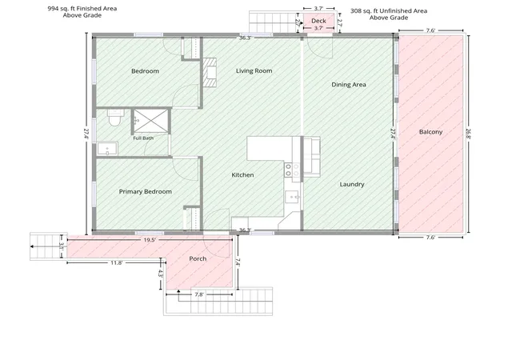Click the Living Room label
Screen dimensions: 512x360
point(254,70)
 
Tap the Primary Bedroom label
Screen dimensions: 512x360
point(146,191)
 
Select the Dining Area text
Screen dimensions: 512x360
point(349,85)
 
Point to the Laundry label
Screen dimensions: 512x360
point(352,184)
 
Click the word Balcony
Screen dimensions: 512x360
point(430,132)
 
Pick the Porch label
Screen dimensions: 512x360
point(198,258)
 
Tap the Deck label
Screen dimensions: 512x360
point(318,21)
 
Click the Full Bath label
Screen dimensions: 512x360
point(143,138)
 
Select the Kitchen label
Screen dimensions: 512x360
point(242,174)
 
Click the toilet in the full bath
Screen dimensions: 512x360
point(115,118)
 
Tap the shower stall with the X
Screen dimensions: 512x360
point(151,121)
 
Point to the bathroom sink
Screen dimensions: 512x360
point(107,149)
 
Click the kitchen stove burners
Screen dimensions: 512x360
point(292,170)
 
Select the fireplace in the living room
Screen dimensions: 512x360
point(210,73)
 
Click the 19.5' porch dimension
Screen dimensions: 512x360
point(150,240)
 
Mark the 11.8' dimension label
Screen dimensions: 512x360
point(116,262)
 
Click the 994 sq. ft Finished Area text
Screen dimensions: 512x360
point(82,9)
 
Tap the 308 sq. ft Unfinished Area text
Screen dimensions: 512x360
point(389,10)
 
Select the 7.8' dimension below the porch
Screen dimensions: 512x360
point(199,294)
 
